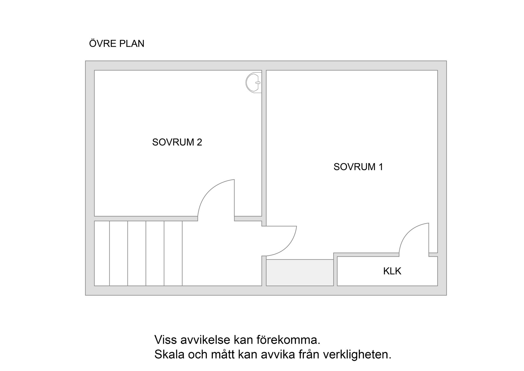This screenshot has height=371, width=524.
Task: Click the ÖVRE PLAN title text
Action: click(x=117, y=44)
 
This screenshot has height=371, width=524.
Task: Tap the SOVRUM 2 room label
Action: click(x=177, y=142)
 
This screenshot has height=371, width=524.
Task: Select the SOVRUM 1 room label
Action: click(x=358, y=167)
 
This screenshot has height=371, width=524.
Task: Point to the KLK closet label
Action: click(x=392, y=271)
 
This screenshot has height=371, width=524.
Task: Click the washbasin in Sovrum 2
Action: click(x=254, y=83)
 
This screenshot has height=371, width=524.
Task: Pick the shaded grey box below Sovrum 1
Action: click(x=300, y=273)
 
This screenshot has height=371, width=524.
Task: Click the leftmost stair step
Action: click(x=102, y=253)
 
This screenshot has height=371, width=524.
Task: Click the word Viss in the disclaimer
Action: click(x=164, y=340)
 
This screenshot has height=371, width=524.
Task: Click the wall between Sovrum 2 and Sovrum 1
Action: click(x=264, y=142)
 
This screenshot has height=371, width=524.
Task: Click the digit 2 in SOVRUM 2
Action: click(x=199, y=142)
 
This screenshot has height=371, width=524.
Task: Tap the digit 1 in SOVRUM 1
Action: click(x=381, y=167)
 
